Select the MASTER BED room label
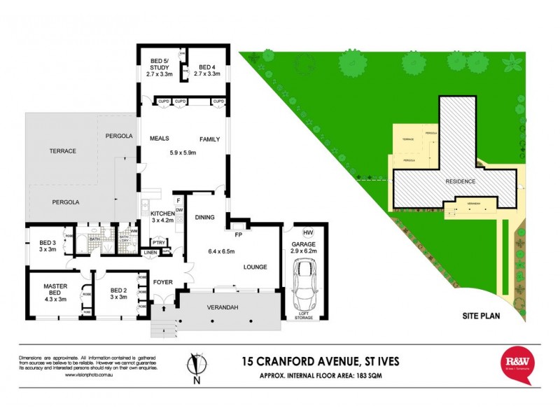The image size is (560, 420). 54,290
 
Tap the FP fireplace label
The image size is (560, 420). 238,234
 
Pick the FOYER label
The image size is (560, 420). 162,285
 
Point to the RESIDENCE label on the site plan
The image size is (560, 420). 461,182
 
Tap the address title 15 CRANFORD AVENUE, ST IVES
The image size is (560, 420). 310,361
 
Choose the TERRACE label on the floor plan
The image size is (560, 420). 62,151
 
